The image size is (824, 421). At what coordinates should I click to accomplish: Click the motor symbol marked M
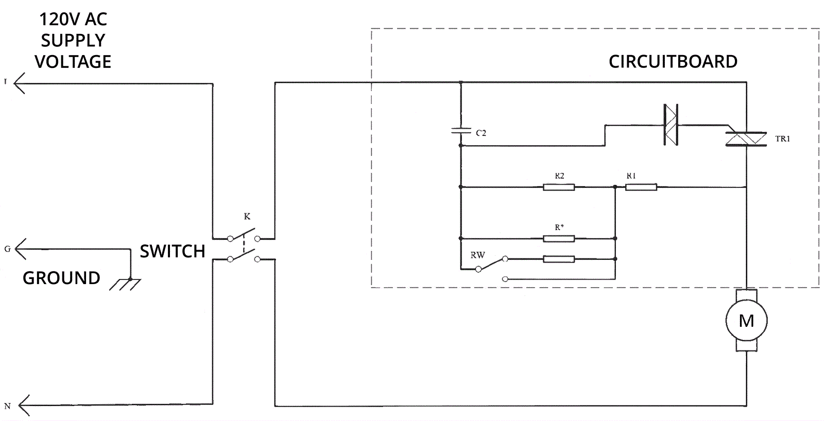(746, 321)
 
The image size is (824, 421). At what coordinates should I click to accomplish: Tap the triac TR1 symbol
(745, 138)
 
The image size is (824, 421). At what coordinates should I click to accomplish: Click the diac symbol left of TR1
(670, 125)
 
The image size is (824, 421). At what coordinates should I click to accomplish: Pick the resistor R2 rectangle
(559, 187)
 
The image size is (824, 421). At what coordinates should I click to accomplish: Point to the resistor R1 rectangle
(641, 187)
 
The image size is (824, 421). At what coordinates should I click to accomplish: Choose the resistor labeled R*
(559, 238)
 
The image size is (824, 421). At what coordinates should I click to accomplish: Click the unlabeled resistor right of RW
(559, 259)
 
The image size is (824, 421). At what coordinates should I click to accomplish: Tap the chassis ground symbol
(125, 284)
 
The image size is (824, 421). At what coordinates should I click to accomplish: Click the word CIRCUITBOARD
(673, 62)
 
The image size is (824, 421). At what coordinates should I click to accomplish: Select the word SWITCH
(173, 251)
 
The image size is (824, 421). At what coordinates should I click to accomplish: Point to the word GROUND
(61, 278)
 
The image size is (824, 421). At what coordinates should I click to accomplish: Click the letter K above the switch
(247, 217)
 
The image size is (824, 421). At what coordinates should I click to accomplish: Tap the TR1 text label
(782, 139)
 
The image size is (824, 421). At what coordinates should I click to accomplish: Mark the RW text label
(477, 255)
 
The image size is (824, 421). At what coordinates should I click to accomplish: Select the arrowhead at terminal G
(21, 249)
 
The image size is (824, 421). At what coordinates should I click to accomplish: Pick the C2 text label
(481, 133)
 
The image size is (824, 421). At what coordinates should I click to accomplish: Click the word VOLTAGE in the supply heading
(73, 62)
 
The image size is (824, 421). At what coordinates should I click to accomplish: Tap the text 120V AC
(73, 20)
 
